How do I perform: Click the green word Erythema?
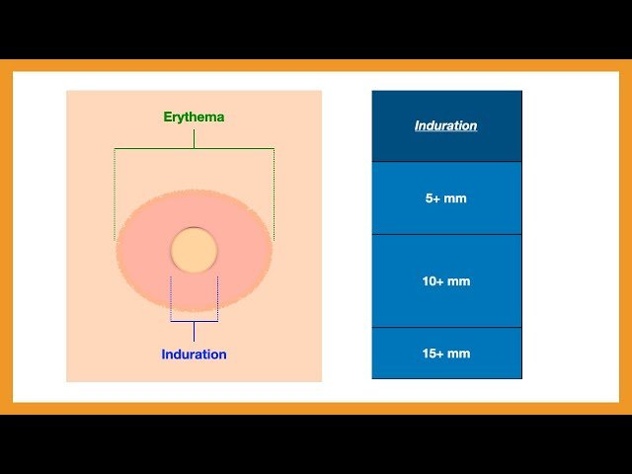[x=194, y=117]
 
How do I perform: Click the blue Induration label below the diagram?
[x=194, y=355]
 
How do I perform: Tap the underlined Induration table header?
[x=445, y=125]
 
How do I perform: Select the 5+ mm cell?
[x=445, y=198]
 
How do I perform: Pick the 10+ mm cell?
[x=445, y=281]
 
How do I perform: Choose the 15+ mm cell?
[x=445, y=354]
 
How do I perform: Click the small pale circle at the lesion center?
[x=194, y=249]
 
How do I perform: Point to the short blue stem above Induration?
[x=194, y=331]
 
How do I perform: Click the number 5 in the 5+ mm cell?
[x=429, y=198]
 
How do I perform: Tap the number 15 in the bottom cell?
[x=428, y=354]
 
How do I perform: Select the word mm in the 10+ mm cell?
[x=458, y=281]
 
